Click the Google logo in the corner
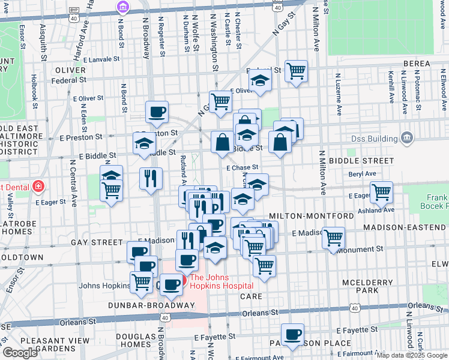pyautogui.click(x=20, y=353)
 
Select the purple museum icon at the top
pyautogui.click(x=122, y=7)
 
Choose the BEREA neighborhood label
pyautogui.click(x=417, y=64)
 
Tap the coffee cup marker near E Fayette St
pyautogui.click(x=292, y=334)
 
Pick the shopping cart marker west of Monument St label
pyautogui.click(x=333, y=238)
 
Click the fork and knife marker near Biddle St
pyautogui.click(x=151, y=178)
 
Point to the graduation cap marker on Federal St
pyautogui.click(x=260, y=80)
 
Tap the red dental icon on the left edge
pyautogui.click(x=38, y=186)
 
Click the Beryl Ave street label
pyautogui.click(x=362, y=173)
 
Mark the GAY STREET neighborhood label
pyautogui.click(x=97, y=242)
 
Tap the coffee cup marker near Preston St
pyautogui.click(x=157, y=112)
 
